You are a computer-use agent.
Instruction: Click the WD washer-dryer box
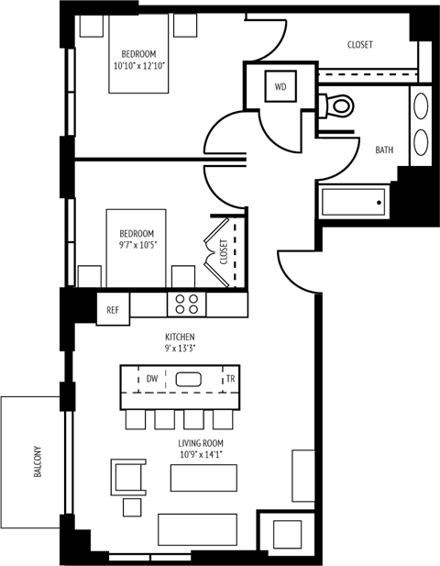pyautogui.click(x=280, y=87)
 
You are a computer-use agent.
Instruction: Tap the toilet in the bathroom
pyautogui.click(x=338, y=105)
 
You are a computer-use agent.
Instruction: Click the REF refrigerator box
pyautogui.click(x=113, y=310)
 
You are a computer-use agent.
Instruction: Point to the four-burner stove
pyautogui.click(x=186, y=303)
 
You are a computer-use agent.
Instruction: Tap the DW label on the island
pyautogui.click(x=152, y=378)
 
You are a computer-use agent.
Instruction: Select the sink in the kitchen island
pyautogui.click(x=190, y=378)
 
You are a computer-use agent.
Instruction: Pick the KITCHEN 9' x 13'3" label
pyautogui.click(x=181, y=343)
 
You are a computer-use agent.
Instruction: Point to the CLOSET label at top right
pyautogui.click(x=360, y=45)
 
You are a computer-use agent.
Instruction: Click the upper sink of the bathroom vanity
pyautogui.click(x=423, y=105)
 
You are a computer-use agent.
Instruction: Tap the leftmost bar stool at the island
pyautogui.click(x=136, y=419)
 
